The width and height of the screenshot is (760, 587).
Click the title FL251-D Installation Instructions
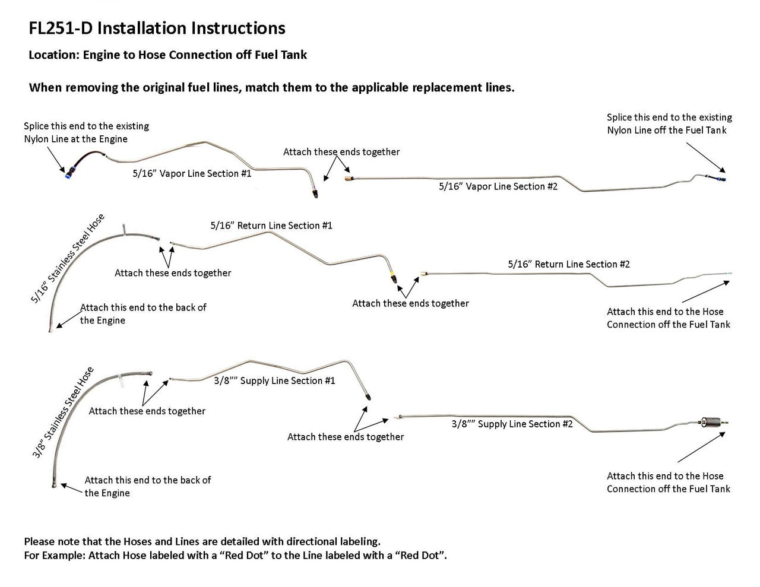[x=157, y=28]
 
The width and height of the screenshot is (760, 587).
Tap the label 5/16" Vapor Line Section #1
[x=192, y=173]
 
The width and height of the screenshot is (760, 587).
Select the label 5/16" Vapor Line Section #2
[x=498, y=186]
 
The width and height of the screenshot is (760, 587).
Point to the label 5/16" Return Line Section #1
[x=271, y=226]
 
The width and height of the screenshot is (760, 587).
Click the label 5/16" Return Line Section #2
[x=569, y=264]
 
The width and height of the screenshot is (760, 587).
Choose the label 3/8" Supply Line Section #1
[x=274, y=380]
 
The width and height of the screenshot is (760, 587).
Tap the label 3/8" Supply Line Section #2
[x=512, y=424]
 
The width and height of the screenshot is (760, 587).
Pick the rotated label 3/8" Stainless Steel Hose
[x=63, y=413]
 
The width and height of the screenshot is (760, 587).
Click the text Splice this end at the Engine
[x=85, y=132]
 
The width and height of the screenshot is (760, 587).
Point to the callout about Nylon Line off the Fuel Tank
[x=669, y=123]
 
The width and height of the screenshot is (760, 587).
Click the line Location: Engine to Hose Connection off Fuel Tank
[x=167, y=55]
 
